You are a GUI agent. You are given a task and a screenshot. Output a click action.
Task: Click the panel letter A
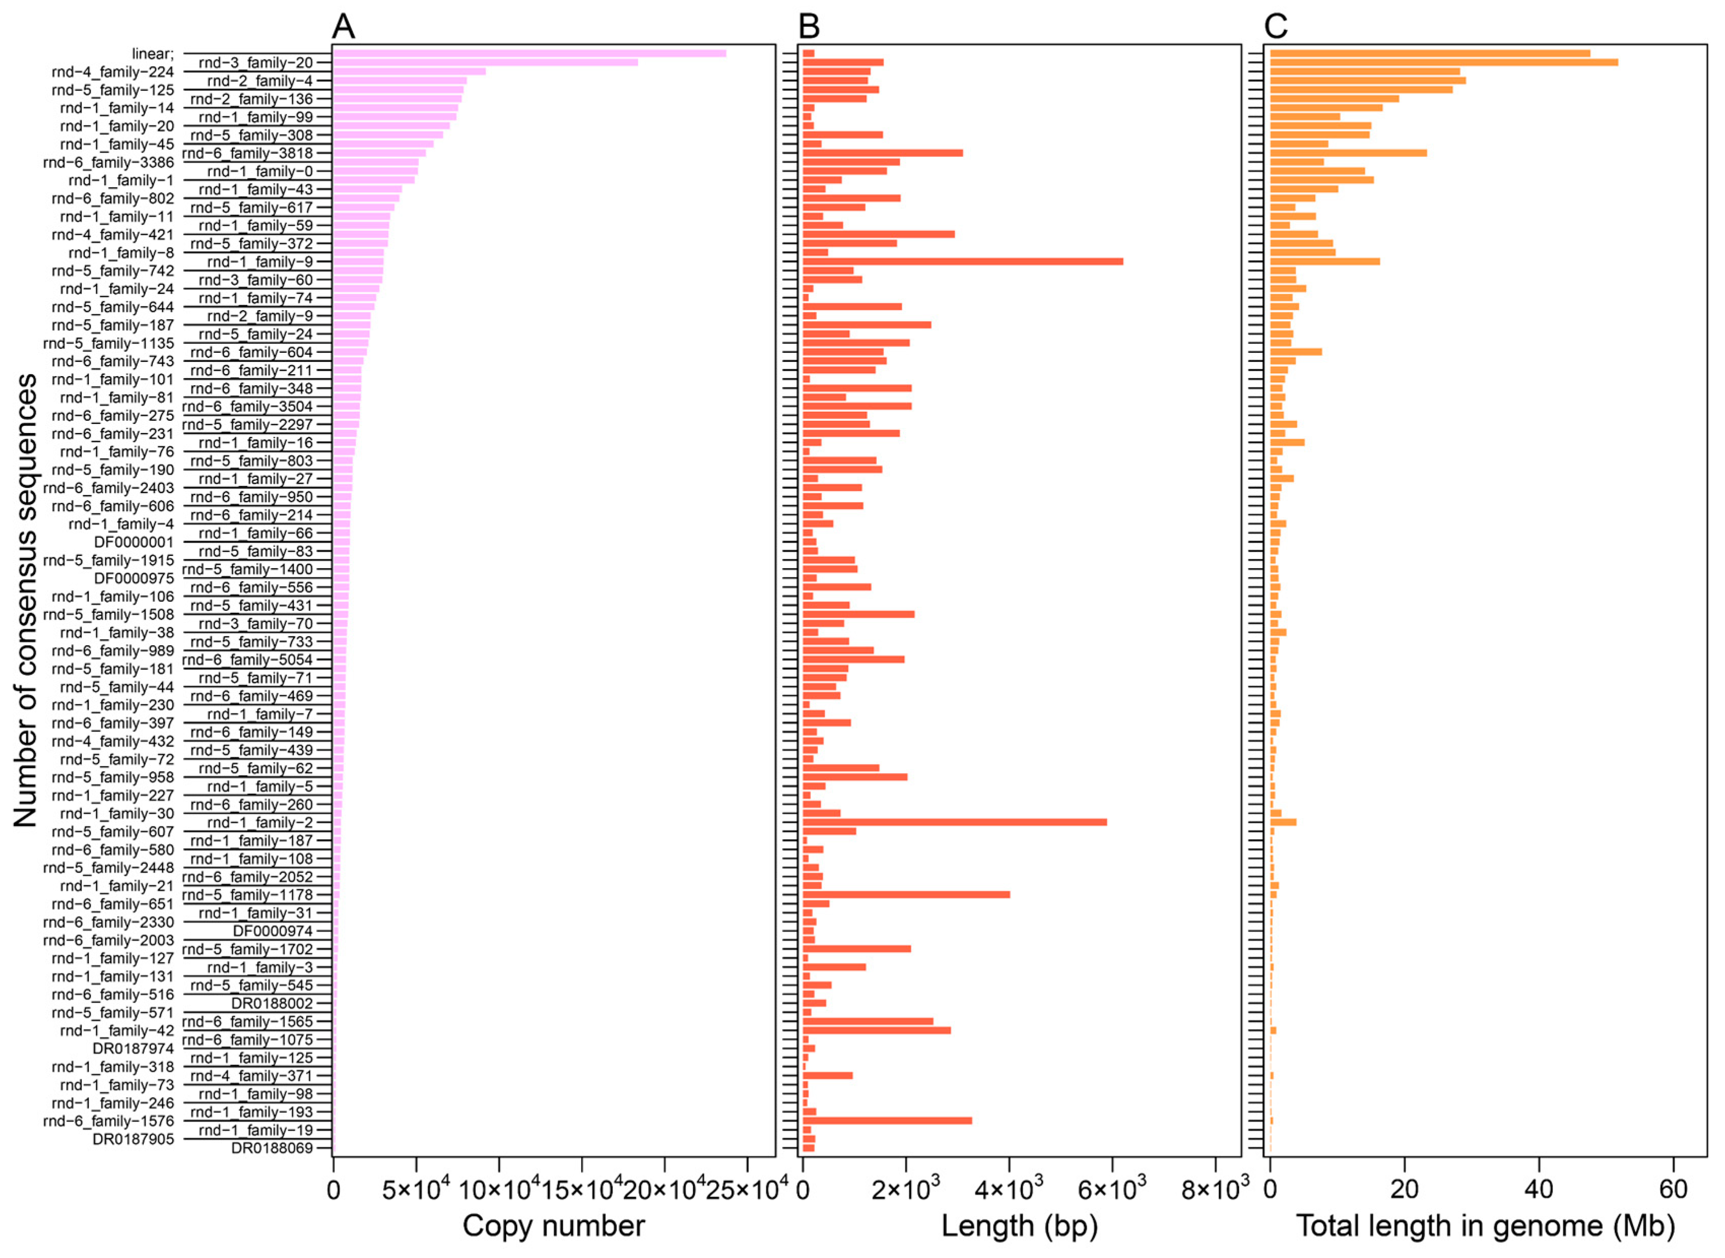(343, 26)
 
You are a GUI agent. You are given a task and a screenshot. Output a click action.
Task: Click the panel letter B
(808, 26)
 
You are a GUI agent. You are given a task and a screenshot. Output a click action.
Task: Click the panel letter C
(1276, 26)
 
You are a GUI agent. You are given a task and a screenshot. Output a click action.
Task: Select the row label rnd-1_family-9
(260, 262)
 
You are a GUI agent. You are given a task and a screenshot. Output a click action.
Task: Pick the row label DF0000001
(134, 542)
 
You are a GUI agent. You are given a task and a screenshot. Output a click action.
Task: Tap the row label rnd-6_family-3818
(248, 153)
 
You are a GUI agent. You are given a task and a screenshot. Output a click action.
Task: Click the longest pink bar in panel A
(529, 53)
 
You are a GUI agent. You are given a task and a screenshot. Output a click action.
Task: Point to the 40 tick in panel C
(1539, 1189)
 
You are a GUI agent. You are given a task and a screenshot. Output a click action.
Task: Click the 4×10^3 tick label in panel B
(1010, 1189)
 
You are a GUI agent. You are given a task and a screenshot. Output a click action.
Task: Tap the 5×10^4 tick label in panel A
(416, 1189)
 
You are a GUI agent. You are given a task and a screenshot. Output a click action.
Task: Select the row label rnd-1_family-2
(260, 822)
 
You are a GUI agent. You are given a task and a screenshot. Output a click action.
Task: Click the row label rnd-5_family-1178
(248, 895)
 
